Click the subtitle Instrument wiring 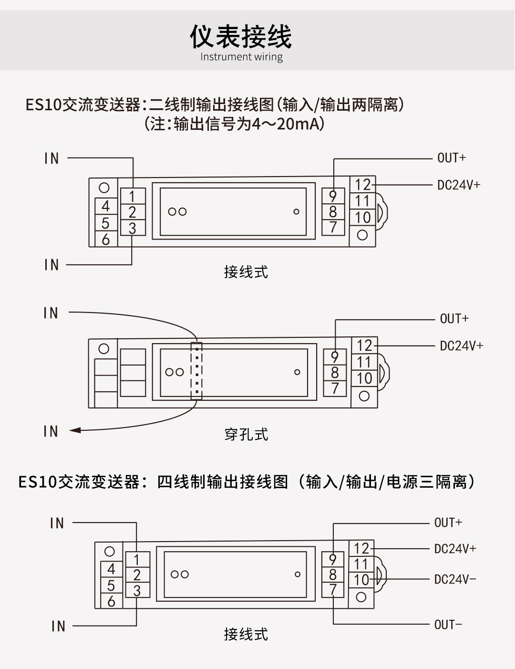pyautogui.click(x=241, y=57)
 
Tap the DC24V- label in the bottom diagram pyautogui.click(x=455, y=579)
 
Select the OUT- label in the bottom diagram pyautogui.click(x=448, y=625)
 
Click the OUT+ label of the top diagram pyautogui.click(x=452, y=158)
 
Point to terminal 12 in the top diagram pyautogui.click(x=362, y=185)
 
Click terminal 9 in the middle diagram pyautogui.click(x=335, y=357)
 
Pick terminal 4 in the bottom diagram pyautogui.click(x=111, y=569)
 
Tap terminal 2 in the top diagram pyautogui.click(x=132, y=212)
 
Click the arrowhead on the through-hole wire pyautogui.click(x=75, y=430)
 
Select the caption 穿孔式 pyautogui.click(x=246, y=435)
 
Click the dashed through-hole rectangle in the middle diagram pyautogui.click(x=196, y=371)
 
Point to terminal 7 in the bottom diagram pyautogui.click(x=333, y=590)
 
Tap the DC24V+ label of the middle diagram pyautogui.click(x=461, y=345)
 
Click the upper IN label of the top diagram pyautogui.click(x=51, y=158)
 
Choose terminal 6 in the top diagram pyautogui.click(x=106, y=240)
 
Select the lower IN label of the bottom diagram pyautogui.click(x=58, y=626)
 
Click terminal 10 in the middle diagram pyautogui.click(x=364, y=378)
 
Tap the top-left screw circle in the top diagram pyautogui.click(x=104, y=188)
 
